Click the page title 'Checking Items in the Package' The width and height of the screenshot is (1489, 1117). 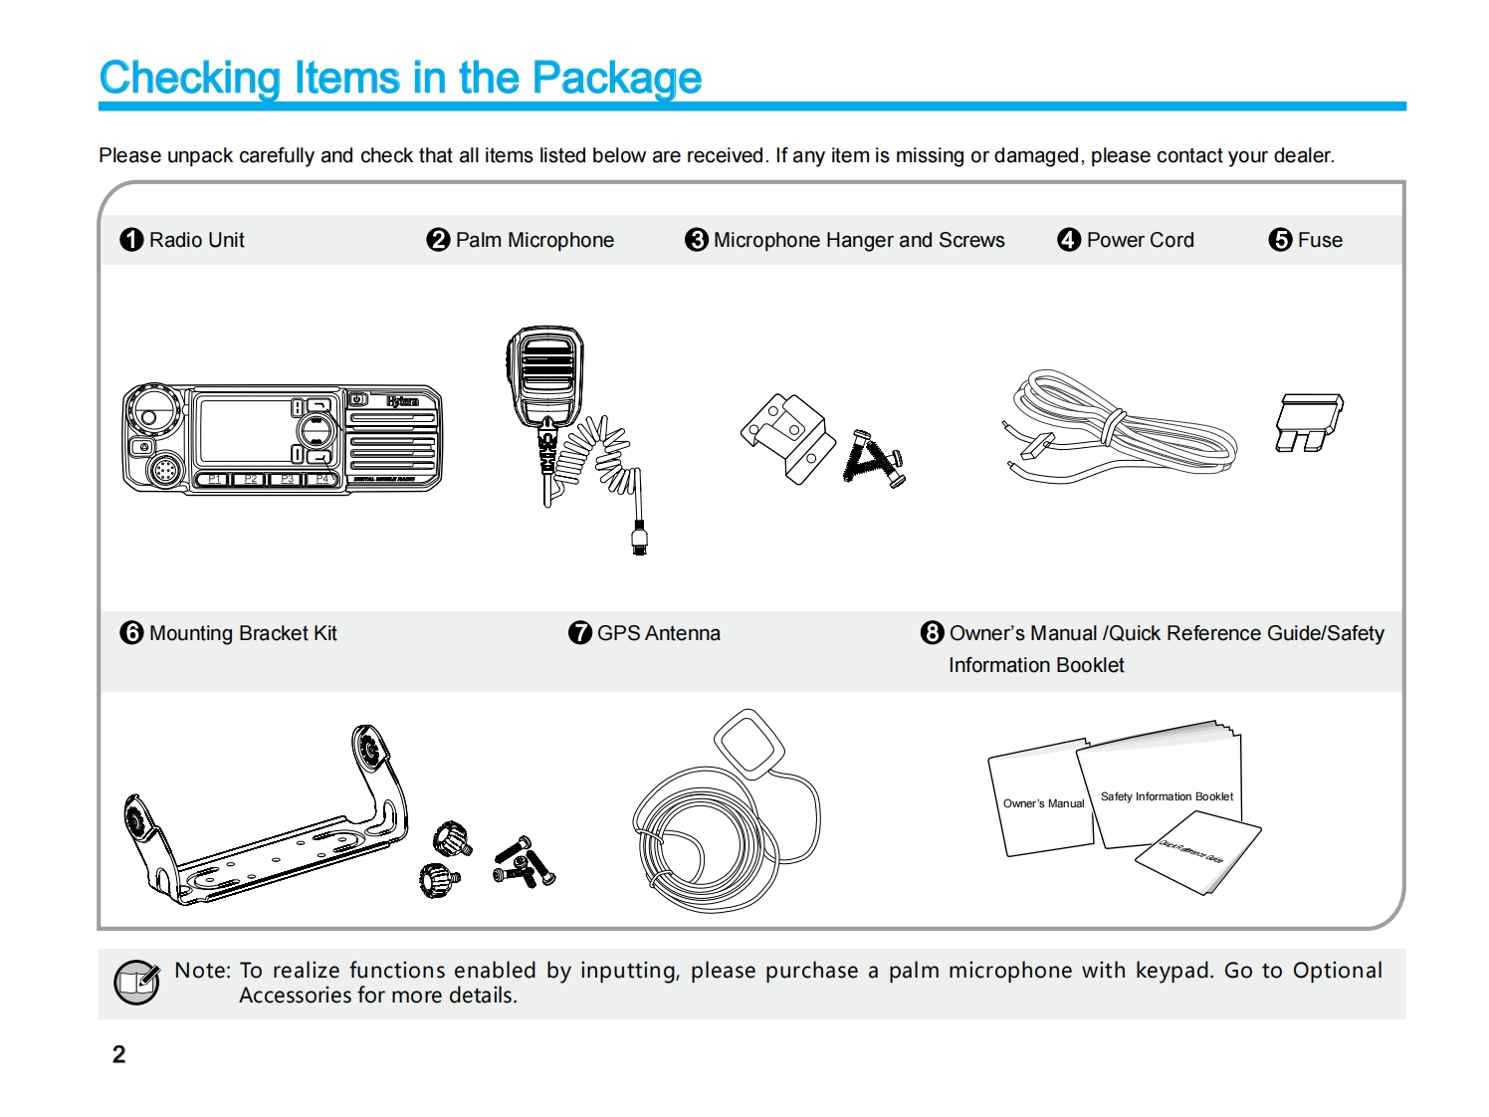point(400,78)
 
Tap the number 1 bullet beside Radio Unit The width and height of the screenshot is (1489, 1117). point(131,240)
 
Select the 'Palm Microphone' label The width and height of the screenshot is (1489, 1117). point(533,240)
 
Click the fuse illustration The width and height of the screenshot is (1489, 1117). point(1308,421)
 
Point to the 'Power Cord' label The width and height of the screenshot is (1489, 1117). point(1140,240)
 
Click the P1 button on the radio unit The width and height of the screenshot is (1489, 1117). point(214,480)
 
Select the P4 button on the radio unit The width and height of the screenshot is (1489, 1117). point(321,480)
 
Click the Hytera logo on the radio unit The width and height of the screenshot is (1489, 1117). point(402,401)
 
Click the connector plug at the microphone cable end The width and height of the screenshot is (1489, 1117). point(639,539)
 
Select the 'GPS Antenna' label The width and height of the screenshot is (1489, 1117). point(658,633)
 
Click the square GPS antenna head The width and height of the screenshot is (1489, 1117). point(749,742)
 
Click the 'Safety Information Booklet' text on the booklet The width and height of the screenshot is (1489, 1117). point(1167,796)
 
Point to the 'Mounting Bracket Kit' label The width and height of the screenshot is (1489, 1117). point(243,633)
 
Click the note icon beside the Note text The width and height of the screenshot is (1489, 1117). point(136,983)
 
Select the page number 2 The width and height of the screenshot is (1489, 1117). point(119,1054)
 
